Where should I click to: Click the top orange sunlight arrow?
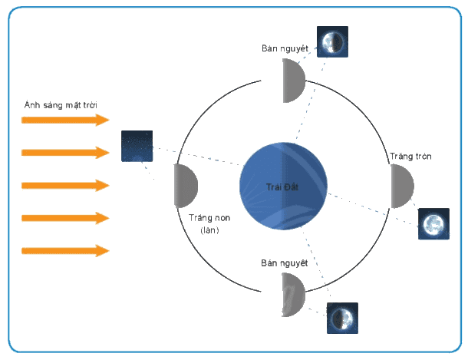pos(65,120)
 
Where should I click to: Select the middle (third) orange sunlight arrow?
pos(65,186)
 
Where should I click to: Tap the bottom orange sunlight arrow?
pos(65,251)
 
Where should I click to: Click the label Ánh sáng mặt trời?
pos(61,105)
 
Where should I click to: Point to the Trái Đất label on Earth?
pos(282,187)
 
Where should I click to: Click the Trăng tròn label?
pos(410,156)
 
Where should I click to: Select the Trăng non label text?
pos(209,218)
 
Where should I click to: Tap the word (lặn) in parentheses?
pos(209,230)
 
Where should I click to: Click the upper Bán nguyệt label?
pos(285,48)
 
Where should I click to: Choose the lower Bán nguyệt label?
pos(284,263)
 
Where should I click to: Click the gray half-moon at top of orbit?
pos(294,81)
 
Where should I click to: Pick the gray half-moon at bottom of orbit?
pos(294,295)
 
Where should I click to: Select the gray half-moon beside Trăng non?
pos(186,186)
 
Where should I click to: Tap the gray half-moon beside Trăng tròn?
pos(402,186)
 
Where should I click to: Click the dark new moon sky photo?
pos(137,146)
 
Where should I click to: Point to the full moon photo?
pos(433,224)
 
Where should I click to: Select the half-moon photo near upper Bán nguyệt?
pos(332,41)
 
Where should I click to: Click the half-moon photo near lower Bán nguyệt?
pos(342,318)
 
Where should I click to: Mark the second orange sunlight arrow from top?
pos(65,153)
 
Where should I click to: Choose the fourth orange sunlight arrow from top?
pos(65,218)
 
